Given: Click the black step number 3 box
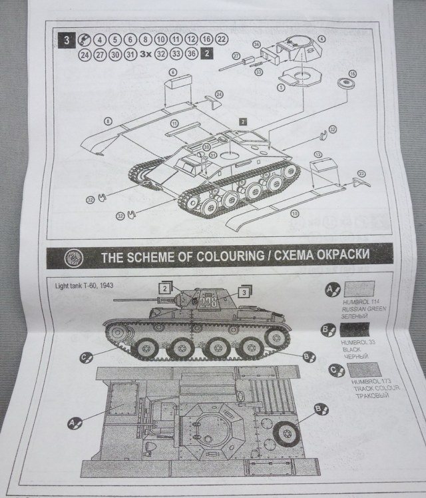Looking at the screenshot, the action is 65,39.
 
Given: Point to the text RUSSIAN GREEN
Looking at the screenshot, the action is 357,310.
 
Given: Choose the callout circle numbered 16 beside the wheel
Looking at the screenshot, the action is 353,73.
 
